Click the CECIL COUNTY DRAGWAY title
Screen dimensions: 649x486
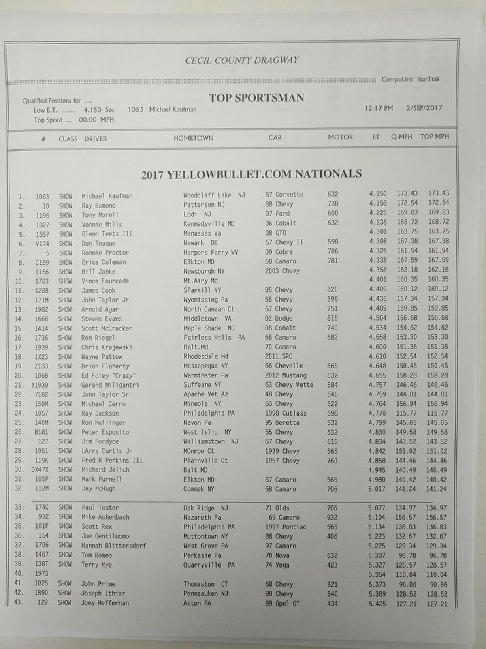[242, 60]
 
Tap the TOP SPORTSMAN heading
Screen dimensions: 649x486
[256, 98]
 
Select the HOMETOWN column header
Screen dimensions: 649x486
[193, 138]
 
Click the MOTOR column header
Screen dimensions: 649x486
[340, 137]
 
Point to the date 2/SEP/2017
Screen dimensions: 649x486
[424, 108]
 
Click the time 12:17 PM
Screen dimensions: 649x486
[378, 108]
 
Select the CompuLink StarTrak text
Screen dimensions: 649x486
[410, 79]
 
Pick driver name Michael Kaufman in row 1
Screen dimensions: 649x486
[107, 196]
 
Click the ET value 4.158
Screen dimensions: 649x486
[377, 203]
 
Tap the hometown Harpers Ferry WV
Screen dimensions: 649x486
[211, 252]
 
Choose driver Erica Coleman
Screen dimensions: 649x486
[104, 262]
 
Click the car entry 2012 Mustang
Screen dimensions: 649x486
[286, 375]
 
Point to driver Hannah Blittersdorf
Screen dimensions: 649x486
[113, 546]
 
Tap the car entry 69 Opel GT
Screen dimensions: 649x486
[282, 603]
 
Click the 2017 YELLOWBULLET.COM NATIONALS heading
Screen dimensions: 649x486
[251, 174]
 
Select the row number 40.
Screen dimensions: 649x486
[19, 574]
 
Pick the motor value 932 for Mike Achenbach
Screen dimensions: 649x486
[332, 517]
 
